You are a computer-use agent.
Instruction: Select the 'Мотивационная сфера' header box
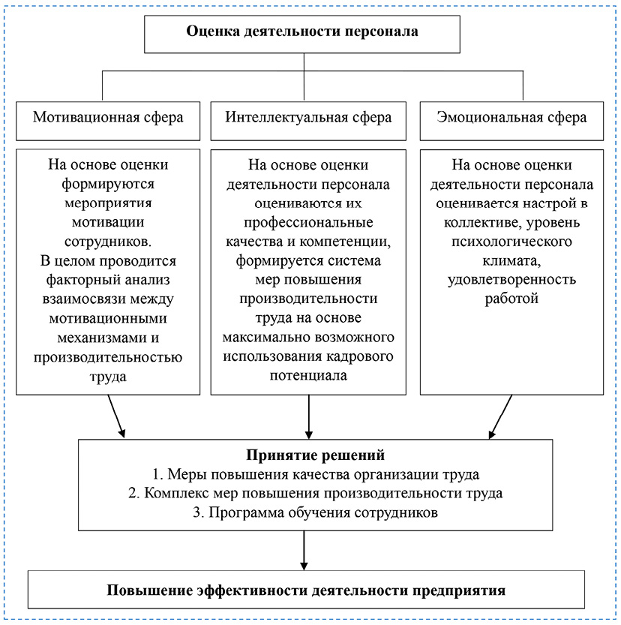(x=108, y=118)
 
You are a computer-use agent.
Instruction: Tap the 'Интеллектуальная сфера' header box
(x=308, y=118)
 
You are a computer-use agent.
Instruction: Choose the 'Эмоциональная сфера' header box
(x=511, y=118)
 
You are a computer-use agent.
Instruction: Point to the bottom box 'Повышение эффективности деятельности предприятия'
(x=306, y=590)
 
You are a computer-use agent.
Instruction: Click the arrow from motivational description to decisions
(x=116, y=416)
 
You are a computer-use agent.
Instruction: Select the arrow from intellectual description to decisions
(x=308, y=416)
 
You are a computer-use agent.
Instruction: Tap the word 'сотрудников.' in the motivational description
(x=108, y=242)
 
